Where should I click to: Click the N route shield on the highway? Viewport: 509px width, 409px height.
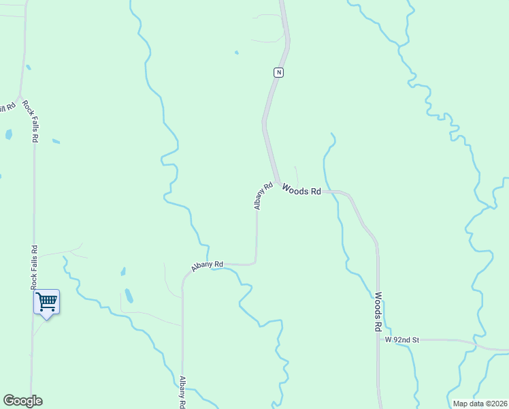click(x=278, y=72)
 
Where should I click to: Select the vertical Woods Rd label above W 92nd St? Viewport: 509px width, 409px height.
click(x=378, y=312)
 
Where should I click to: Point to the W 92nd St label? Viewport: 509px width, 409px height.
click(x=404, y=339)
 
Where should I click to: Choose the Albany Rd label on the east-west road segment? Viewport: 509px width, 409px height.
click(x=208, y=266)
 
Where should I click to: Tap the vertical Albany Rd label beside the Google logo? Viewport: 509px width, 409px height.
click(x=182, y=393)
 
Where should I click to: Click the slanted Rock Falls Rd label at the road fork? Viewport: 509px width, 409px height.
click(x=31, y=121)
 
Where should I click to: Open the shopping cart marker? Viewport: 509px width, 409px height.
click(x=46, y=301)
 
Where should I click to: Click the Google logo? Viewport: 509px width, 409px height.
click(x=22, y=401)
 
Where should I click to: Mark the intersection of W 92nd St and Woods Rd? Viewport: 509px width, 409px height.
click(x=378, y=339)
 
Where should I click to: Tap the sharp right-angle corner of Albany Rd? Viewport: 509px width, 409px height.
click(x=256, y=263)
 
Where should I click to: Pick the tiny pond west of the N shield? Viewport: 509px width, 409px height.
click(x=236, y=52)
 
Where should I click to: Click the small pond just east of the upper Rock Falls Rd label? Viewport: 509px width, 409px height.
click(x=56, y=142)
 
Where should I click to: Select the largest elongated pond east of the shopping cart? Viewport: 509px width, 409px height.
click(x=129, y=296)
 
